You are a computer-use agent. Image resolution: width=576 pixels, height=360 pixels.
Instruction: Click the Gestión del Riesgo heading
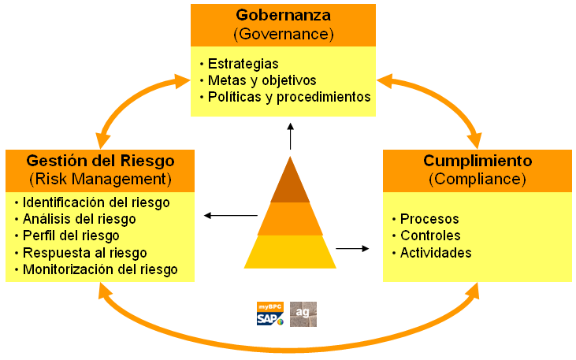(100, 161)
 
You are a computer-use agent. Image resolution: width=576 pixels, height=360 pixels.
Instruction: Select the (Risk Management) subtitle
(100, 179)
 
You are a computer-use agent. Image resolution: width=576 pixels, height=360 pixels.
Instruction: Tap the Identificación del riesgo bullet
(96, 202)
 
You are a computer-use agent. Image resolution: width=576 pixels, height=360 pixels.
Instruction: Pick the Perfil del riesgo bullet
(71, 236)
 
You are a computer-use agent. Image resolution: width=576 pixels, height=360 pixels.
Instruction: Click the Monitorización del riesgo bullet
(100, 269)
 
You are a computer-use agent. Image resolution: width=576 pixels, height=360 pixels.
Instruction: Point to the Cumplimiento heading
(478, 161)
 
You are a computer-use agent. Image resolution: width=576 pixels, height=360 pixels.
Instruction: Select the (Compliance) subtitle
(478, 179)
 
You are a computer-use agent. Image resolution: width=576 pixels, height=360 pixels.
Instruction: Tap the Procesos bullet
(429, 219)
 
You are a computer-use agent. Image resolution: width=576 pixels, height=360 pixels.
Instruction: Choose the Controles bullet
(430, 236)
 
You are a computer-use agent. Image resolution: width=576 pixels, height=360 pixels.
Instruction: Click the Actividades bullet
(436, 253)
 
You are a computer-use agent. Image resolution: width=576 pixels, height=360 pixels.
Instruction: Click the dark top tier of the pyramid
(290, 183)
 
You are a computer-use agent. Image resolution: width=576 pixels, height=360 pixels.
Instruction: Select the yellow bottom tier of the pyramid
(290, 252)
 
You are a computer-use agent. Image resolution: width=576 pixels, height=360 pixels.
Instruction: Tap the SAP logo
(269, 314)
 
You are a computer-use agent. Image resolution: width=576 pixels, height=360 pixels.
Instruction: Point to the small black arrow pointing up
(290, 136)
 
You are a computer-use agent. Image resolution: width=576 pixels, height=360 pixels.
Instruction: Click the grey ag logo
(303, 314)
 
